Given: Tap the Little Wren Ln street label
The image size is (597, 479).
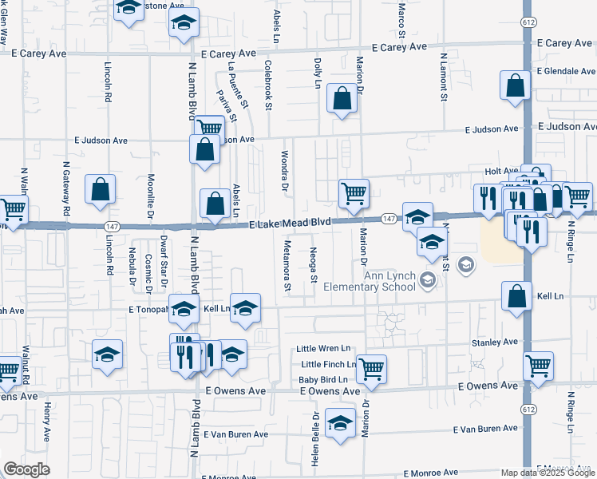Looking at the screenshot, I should (324, 349).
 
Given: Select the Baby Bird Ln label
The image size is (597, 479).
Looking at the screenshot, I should (324, 379).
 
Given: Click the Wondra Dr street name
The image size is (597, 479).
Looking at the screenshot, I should (284, 171).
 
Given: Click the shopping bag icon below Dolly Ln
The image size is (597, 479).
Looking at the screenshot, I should (342, 98).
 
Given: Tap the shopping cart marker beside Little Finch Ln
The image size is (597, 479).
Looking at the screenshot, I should (371, 368).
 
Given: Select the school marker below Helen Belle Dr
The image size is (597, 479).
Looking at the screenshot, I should (341, 423).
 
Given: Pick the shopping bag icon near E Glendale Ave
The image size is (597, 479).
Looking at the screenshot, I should (516, 85).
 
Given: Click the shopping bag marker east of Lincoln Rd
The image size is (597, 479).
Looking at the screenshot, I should (101, 190).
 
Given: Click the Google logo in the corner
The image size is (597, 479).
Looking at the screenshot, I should (26, 469).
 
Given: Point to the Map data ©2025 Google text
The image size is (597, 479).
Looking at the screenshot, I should (548, 473).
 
